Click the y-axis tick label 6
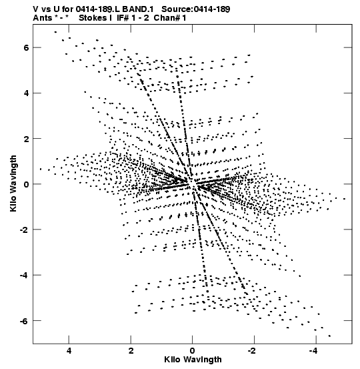pyautogui.click(x=26, y=48)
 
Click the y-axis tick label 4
pyautogui.click(x=26, y=93)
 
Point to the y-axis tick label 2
pyautogui.click(x=26, y=139)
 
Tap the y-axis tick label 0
pyautogui.click(x=26, y=184)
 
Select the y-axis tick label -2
pyautogui.click(x=24, y=230)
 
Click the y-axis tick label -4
pyautogui.click(x=24, y=276)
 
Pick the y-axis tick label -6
pyautogui.click(x=24, y=321)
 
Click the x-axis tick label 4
pyautogui.click(x=69, y=351)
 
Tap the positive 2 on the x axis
pyautogui.click(x=131, y=351)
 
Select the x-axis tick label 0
pyautogui.click(x=193, y=351)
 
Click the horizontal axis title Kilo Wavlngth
pyautogui.click(x=193, y=360)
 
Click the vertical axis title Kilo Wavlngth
pyautogui.click(x=13, y=183)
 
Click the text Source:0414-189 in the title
pyautogui.click(x=196, y=9)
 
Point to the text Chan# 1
pyautogui.click(x=170, y=18)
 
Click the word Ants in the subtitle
pyautogui.click(x=43, y=18)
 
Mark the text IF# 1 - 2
pyautogui.click(x=133, y=18)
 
